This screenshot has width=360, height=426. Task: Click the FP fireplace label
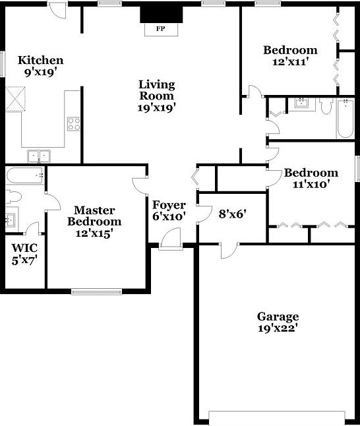click(160, 29)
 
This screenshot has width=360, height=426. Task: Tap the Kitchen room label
click(40, 66)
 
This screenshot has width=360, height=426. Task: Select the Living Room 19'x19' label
click(157, 96)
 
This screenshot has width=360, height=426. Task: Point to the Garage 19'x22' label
click(278, 322)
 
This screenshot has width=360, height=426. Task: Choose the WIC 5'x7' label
click(24, 253)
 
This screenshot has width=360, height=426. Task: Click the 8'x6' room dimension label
click(232, 213)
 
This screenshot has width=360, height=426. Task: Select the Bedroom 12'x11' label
click(290, 55)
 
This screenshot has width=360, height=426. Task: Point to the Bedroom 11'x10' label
click(311, 178)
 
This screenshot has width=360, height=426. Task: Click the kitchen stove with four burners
click(73, 123)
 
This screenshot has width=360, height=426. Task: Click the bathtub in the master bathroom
click(24, 175)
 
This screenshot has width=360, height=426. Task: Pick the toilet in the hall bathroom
click(326, 107)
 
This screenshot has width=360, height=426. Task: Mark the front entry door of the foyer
click(170, 239)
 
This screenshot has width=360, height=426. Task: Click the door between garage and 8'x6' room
click(228, 249)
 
